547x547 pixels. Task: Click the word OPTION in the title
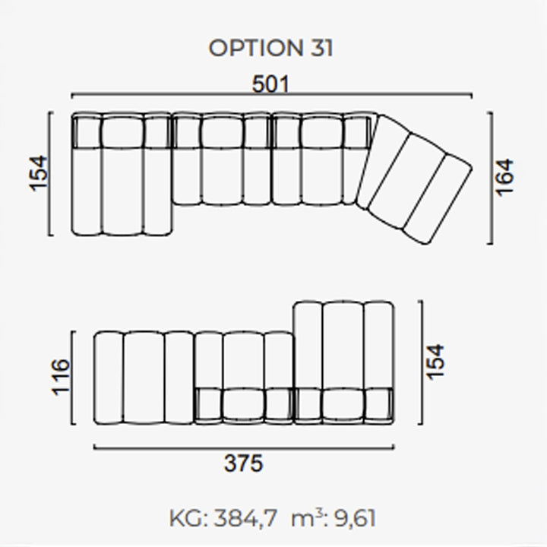[x=256, y=48]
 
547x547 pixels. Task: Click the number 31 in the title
[x=321, y=48]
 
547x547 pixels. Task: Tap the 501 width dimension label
[x=270, y=84]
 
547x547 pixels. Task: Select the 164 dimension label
[x=504, y=178]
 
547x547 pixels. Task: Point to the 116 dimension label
[x=61, y=377]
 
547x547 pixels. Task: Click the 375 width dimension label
[x=243, y=463]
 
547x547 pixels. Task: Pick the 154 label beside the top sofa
[x=38, y=173]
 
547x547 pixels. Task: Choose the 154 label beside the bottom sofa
[x=435, y=362]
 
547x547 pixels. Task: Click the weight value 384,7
[x=245, y=518]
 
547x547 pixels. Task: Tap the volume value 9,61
[x=355, y=518]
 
